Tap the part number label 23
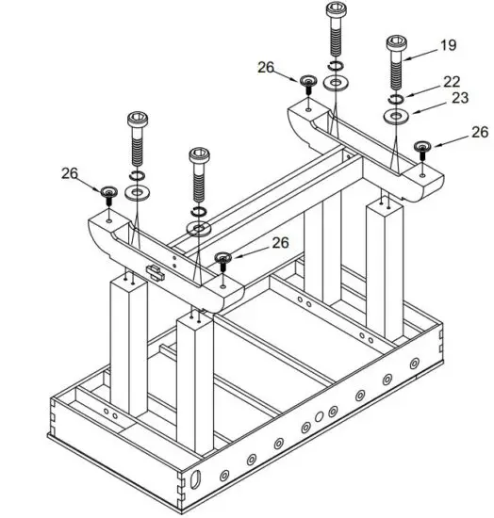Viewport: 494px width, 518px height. (x=459, y=98)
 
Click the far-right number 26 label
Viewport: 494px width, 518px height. (x=480, y=133)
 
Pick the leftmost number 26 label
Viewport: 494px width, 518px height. (x=70, y=173)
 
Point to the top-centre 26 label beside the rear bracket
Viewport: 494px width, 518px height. (x=266, y=67)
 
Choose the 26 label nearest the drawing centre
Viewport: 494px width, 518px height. (x=280, y=242)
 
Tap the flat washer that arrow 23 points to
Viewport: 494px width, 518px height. (x=395, y=117)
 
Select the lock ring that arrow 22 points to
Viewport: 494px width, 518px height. (x=395, y=99)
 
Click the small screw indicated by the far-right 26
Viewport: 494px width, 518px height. (x=423, y=148)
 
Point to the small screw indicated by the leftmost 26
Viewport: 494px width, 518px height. (x=108, y=194)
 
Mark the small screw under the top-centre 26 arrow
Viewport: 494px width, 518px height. (x=308, y=84)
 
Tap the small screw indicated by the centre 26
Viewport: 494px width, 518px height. (x=224, y=258)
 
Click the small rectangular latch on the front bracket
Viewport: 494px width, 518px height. (x=156, y=273)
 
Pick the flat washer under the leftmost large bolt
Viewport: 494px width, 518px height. (x=137, y=192)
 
